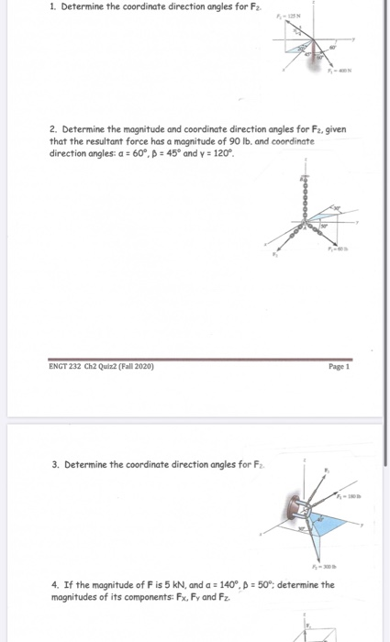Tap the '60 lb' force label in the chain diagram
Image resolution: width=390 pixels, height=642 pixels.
pos(343,248)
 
